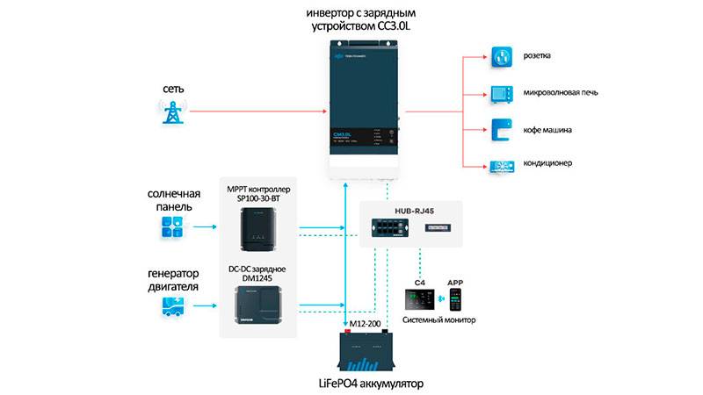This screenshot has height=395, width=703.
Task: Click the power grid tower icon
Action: tap(172, 111)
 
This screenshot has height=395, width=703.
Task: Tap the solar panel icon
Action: tap(171, 228)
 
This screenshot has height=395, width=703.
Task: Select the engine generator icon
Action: tap(171, 305)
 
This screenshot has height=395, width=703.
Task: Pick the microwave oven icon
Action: tap(502, 93)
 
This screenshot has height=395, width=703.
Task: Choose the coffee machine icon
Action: tap(502, 129)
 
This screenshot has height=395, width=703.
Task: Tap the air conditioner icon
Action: tap(502, 164)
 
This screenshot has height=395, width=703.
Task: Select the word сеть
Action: tap(173, 90)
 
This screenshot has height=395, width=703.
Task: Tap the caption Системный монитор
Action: tap(439, 320)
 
